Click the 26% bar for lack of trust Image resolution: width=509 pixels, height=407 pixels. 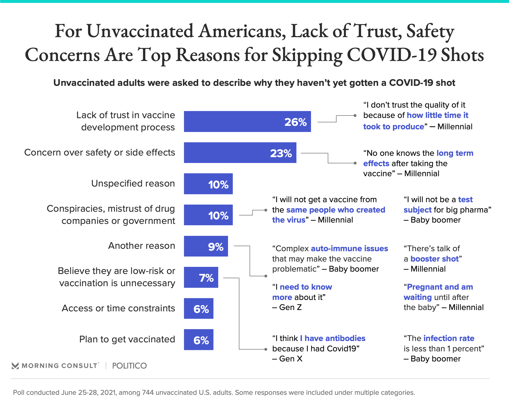pos(247,122)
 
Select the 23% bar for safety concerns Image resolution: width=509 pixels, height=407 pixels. pos(240,153)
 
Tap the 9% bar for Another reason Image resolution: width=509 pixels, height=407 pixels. pos(206,246)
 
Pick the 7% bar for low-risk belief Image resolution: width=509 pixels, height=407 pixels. pos(201,277)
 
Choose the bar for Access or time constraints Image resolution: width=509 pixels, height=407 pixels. pos(199,309)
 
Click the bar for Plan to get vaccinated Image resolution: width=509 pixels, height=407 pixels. pos(199,340)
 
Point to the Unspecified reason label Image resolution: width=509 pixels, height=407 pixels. pos(133,183)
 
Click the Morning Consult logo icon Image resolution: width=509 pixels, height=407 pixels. pos(15,366)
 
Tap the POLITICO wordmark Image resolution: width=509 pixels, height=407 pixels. pos(129,366)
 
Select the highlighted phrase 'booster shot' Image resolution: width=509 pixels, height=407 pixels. pos(435,259)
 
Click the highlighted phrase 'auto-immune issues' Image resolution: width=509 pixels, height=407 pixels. pos(349,249)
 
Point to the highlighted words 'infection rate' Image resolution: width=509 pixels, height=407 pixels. pos(449,338)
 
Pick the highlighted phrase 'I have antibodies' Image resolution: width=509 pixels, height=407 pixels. pos(333,338)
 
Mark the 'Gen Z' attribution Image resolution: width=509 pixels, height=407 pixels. pos(290,307)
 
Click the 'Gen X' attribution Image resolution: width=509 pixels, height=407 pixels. pos(291,359)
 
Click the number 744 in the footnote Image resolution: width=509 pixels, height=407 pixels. pos(148,392)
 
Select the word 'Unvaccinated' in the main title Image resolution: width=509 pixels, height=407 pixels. pos(140,31)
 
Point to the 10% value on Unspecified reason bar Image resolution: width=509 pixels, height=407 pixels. pos(218,184)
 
